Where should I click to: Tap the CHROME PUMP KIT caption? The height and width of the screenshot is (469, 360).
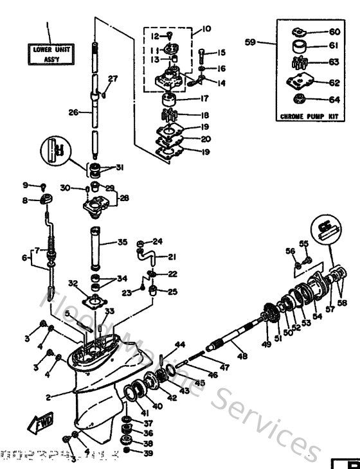310,117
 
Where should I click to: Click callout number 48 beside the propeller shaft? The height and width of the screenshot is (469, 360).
242,356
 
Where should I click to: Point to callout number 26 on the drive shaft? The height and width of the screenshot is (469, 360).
73,112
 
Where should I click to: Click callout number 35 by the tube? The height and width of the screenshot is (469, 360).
122,243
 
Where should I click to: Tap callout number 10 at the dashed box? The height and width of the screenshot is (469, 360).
206,30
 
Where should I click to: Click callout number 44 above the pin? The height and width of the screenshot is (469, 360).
180,345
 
